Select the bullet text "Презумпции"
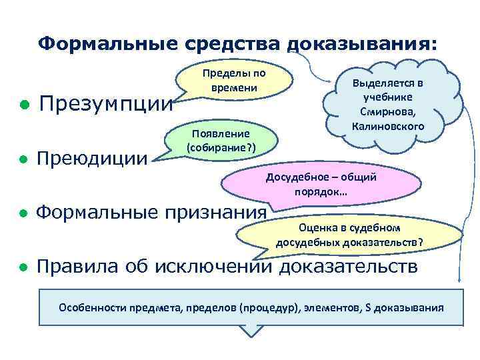point(106,104)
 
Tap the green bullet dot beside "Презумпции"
point(23,105)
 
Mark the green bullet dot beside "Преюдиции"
point(23,159)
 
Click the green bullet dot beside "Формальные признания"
point(23,213)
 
